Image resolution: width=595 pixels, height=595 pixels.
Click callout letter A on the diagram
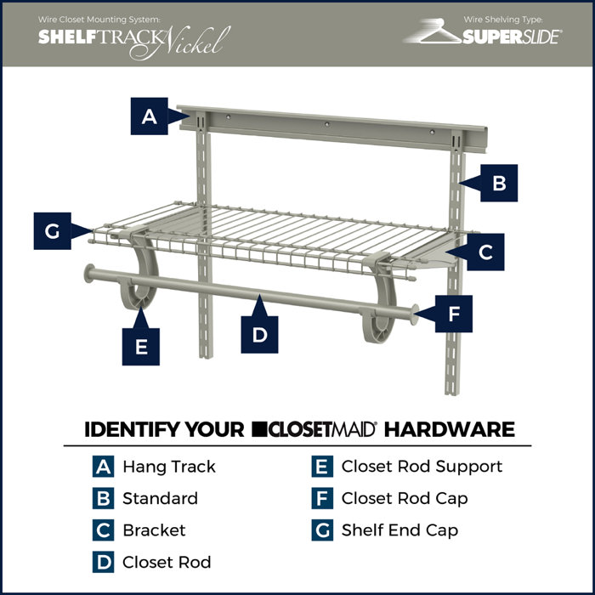(150, 116)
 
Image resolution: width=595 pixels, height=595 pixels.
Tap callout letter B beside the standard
(500, 182)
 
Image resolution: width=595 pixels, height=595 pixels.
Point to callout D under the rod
(259, 334)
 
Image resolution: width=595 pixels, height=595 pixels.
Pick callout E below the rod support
(141, 346)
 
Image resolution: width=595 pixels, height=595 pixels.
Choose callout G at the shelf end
(53, 230)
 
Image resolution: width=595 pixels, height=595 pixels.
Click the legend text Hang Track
(168, 467)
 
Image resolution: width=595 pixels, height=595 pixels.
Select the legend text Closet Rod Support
(422, 467)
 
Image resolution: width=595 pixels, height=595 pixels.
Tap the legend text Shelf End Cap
(399, 530)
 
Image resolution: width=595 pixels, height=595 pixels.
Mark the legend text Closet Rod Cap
(405, 498)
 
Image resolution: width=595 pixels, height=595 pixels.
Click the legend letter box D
(103, 562)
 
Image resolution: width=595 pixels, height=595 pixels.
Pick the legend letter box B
(103, 499)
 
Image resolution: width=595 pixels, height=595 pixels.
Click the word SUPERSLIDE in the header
(512, 37)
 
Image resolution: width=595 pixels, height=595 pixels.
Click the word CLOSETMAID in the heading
(316, 428)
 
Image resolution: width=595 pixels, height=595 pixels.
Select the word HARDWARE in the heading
(450, 428)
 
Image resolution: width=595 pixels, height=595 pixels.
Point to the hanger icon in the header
(432, 32)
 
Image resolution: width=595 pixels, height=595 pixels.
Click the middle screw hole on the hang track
(325, 123)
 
